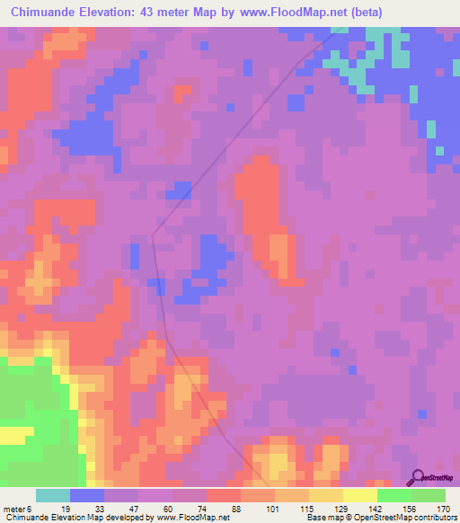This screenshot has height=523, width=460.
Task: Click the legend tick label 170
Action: coord(441,509)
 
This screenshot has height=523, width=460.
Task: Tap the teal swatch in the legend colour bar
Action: coord(53,495)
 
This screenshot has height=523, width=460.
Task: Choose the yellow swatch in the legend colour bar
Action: coord(360,495)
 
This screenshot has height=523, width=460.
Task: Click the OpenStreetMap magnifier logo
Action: coord(420,478)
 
